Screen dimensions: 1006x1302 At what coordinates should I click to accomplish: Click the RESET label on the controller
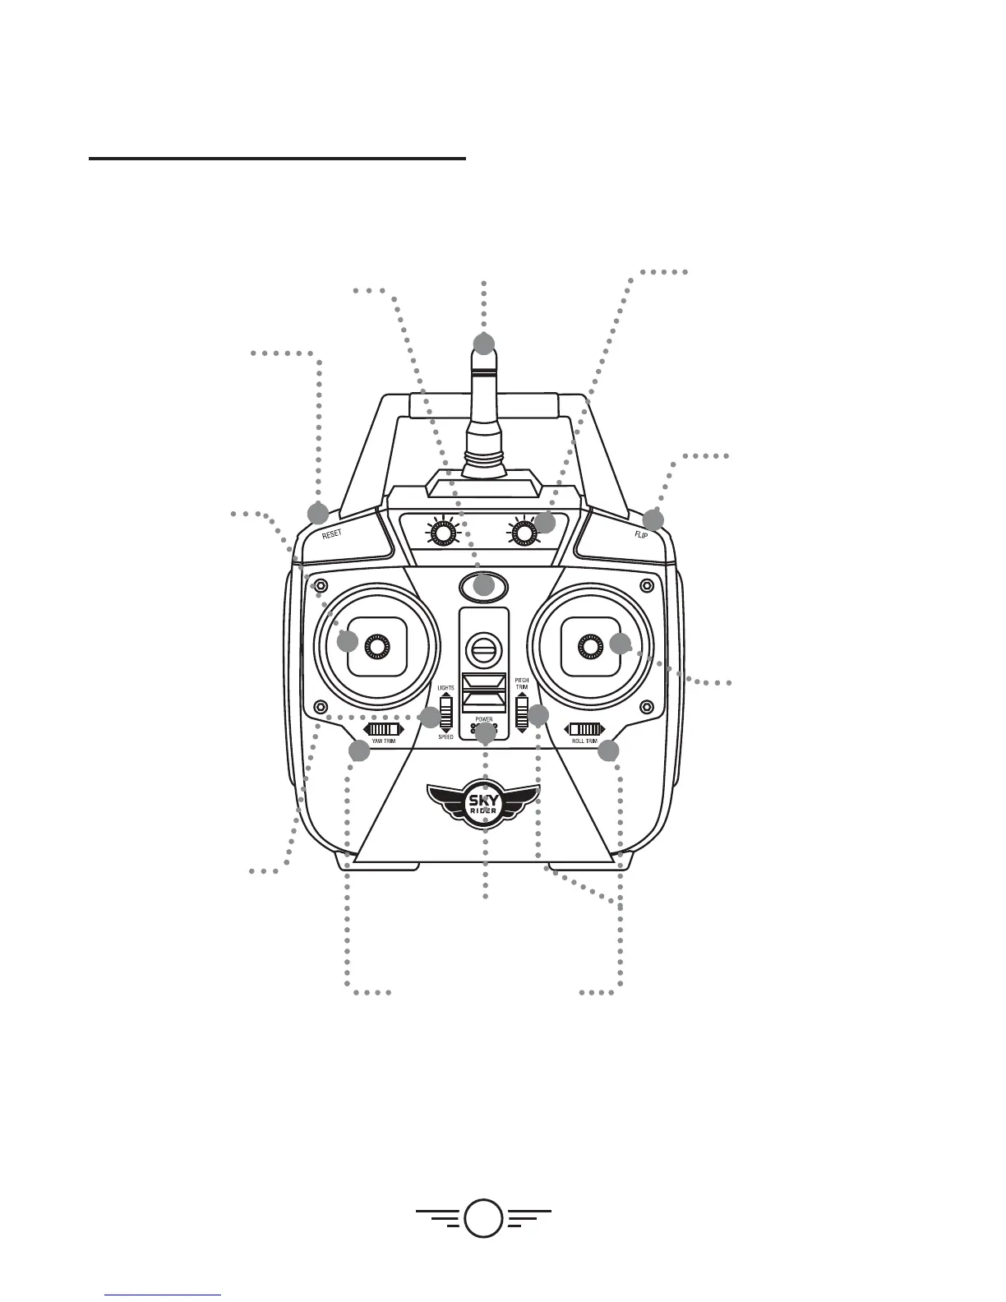point(332,533)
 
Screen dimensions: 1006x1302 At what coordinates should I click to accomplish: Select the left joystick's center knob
point(376,647)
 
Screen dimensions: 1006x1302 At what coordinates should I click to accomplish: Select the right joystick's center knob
point(591,647)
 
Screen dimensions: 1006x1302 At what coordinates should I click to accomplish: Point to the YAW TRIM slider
point(383,729)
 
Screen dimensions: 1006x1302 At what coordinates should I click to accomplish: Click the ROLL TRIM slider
point(584,729)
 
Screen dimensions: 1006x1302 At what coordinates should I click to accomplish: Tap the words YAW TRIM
point(383,741)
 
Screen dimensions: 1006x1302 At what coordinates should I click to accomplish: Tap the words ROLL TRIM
point(584,741)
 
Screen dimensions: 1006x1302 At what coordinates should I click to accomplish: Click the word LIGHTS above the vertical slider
point(445,688)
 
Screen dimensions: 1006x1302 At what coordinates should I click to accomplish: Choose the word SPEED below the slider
point(445,737)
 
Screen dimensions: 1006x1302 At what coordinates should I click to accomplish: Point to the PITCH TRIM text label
point(522,684)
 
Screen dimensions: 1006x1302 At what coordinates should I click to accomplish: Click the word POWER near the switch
point(483,719)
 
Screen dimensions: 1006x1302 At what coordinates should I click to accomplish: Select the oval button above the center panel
point(483,587)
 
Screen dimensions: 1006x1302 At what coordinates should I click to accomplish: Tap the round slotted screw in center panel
point(483,651)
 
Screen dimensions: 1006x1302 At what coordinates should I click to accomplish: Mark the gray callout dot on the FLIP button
point(653,519)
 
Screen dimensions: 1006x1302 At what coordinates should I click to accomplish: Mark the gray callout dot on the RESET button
point(317,514)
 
